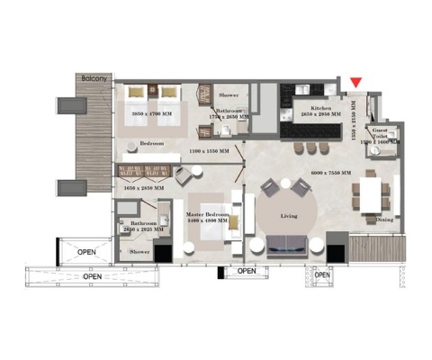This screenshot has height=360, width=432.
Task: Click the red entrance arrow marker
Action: pyautogui.click(x=356, y=83)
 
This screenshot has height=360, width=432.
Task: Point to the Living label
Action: pyautogui.click(x=289, y=216)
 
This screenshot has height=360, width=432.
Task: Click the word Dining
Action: pyautogui.click(x=384, y=220)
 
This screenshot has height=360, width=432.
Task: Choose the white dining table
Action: pyautogui.click(x=368, y=193)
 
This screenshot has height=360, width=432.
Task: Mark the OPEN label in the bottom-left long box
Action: pyautogui.click(x=92, y=277)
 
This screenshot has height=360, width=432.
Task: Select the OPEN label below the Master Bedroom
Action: pyautogui.click(x=246, y=270)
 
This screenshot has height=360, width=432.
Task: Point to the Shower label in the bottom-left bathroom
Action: pyautogui.click(x=140, y=253)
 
